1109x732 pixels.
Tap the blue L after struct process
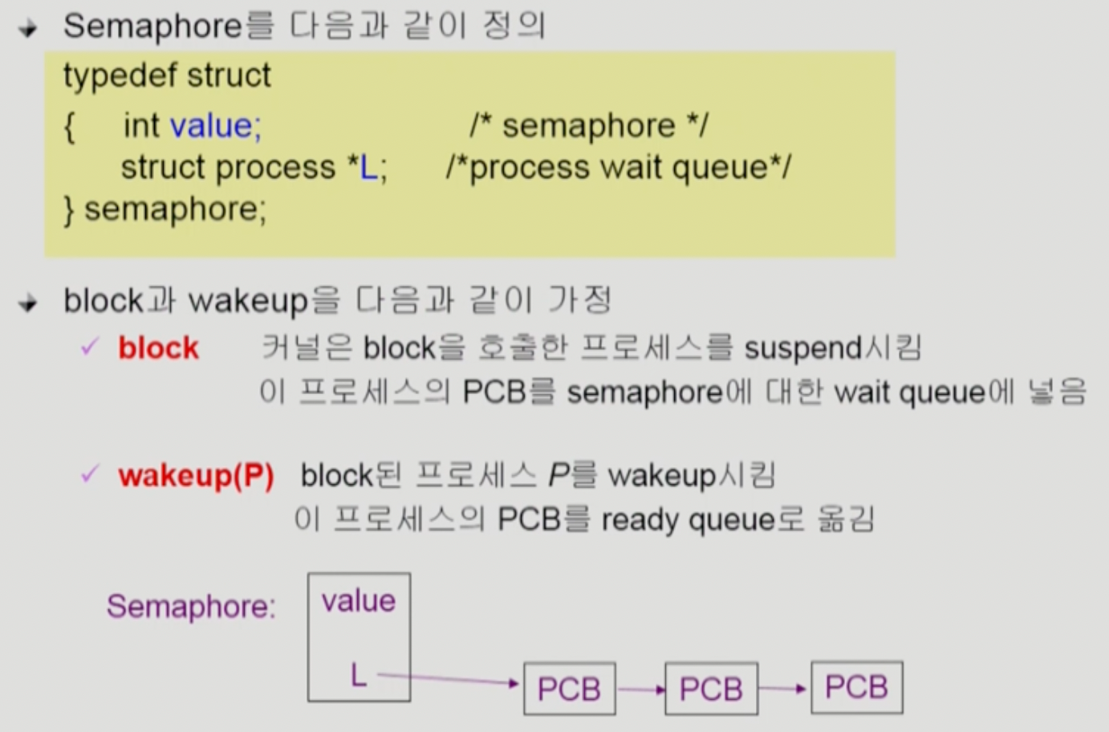click(368, 168)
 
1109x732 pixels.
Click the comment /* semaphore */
click(589, 126)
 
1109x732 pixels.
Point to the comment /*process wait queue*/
click(618, 168)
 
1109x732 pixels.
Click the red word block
click(158, 348)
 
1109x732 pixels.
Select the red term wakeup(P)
click(196, 476)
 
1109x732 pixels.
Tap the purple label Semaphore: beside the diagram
click(191, 607)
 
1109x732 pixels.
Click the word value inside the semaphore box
click(358, 601)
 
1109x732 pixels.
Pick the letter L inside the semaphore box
click(358, 676)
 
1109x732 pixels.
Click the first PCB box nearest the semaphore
click(569, 689)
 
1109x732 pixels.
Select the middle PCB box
click(711, 689)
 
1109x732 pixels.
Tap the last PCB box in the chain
click(856, 687)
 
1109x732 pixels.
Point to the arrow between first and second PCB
click(640, 689)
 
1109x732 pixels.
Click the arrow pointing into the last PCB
click(782, 688)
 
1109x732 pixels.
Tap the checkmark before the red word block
click(90, 348)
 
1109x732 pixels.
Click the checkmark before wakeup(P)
click(90, 474)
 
